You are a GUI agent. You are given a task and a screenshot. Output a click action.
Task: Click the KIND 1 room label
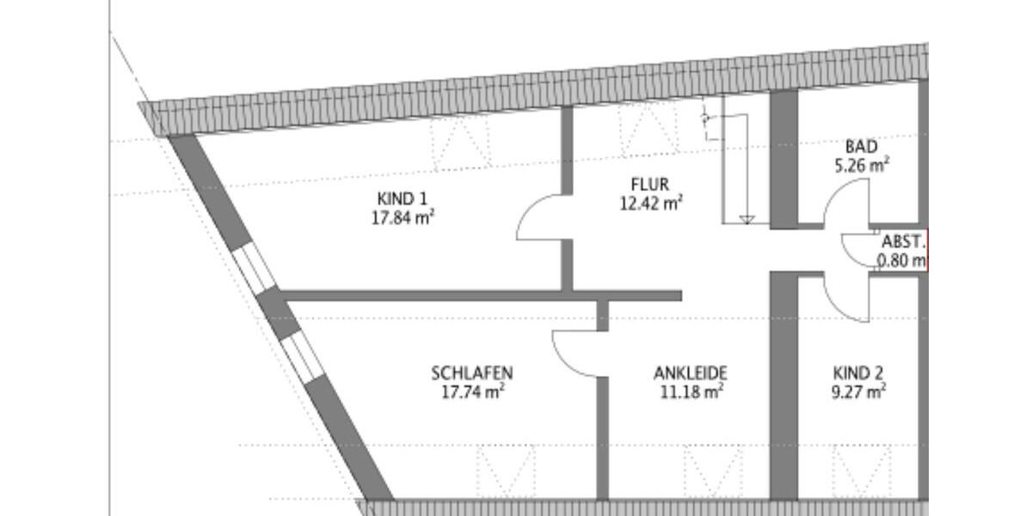(x=401, y=200)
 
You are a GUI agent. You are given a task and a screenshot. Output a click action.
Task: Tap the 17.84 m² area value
(x=401, y=218)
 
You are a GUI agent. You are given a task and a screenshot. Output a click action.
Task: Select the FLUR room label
(x=649, y=184)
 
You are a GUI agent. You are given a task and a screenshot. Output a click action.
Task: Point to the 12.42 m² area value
(x=650, y=203)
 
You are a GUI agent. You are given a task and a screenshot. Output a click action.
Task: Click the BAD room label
(x=861, y=146)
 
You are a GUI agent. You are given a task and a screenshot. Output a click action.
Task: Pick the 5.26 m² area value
(x=861, y=165)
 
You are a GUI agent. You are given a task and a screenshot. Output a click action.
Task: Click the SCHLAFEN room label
(x=471, y=373)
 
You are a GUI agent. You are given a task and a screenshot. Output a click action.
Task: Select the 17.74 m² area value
(x=471, y=392)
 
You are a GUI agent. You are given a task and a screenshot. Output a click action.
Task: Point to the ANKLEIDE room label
(x=691, y=373)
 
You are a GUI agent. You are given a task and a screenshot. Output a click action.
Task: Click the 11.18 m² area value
(x=691, y=392)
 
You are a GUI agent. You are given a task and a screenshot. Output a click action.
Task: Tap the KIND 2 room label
(x=857, y=373)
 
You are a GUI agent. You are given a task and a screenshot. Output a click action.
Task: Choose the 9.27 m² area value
(x=857, y=392)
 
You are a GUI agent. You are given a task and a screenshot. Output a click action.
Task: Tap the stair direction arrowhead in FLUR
(x=746, y=220)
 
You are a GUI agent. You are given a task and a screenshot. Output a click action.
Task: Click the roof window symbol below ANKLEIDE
(x=712, y=471)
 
